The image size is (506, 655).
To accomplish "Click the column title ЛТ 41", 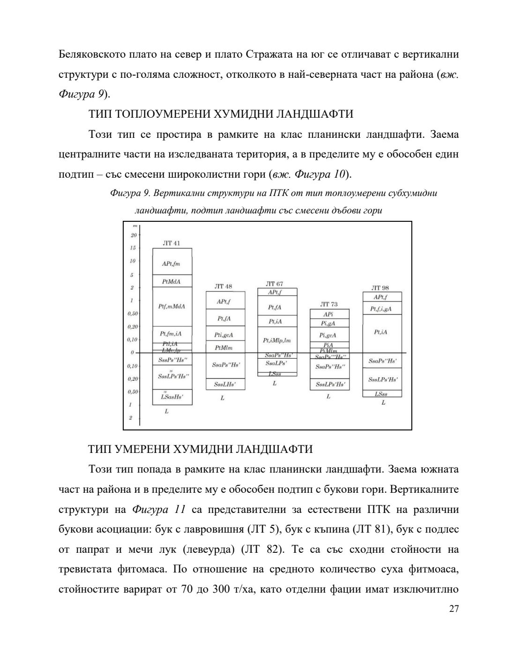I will pos(171,243).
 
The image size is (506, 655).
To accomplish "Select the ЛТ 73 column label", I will pos(328,304).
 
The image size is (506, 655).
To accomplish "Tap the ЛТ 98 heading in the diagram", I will pos(380,288).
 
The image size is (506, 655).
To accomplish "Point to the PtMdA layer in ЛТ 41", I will pos(171,281).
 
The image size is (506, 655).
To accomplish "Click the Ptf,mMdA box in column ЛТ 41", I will pos(171,306).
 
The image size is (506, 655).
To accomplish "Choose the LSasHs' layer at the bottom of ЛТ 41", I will pos(172,398).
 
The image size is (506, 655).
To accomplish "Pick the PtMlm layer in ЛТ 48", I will pos(223,348).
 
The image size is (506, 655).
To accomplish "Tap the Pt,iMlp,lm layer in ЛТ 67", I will pos(276,340).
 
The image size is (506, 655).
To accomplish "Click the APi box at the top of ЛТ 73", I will pos(328,314).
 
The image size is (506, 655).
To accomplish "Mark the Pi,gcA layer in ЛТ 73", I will pos(328,335).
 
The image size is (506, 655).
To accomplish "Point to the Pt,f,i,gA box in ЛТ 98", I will pos(381,309).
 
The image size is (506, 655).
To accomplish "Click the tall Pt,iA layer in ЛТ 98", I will pos(381,332).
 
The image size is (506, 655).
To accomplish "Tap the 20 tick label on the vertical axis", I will pos(133,235).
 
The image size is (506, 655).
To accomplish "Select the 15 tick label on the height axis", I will pos(133,248).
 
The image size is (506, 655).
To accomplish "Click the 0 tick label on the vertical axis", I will pos(133,353).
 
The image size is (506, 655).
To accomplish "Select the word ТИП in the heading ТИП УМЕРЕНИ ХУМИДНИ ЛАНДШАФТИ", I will pos(100,449).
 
